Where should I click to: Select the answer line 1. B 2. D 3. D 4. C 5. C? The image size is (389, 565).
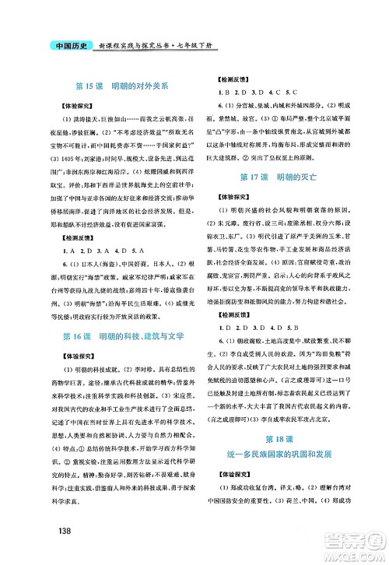(x=254, y=92)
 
